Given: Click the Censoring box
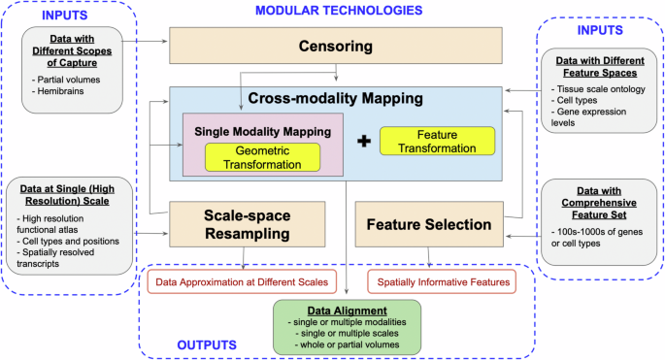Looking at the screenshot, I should [x=335, y=45].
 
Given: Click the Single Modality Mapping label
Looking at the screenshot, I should [x=259, y=131].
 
